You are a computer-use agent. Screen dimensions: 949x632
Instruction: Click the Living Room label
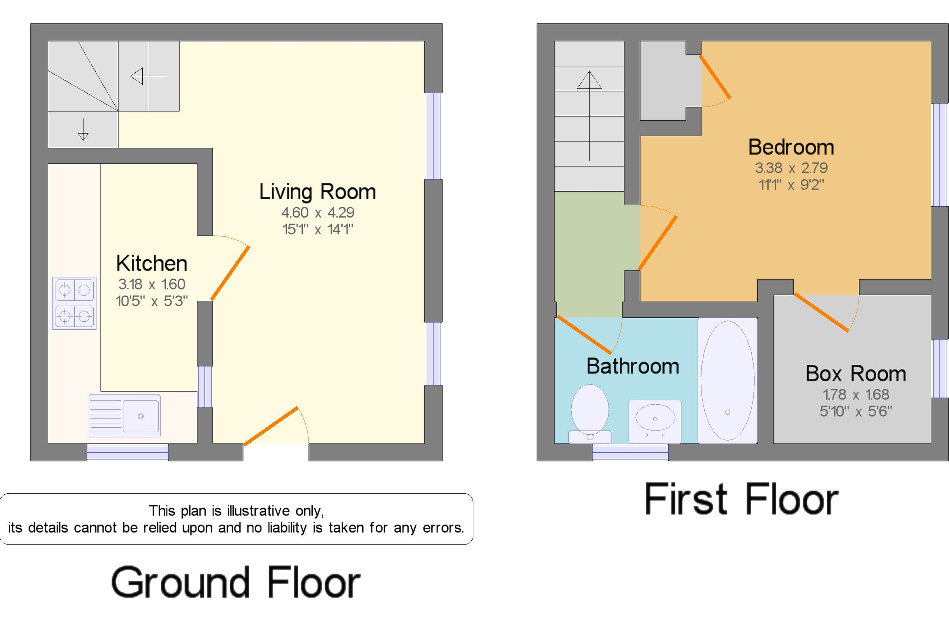pos(317,192)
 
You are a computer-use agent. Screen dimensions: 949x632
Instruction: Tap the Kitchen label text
pos(151,264)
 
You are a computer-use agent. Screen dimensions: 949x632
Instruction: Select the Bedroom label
pos(791,147)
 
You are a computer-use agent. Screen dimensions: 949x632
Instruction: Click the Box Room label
pos(855,374)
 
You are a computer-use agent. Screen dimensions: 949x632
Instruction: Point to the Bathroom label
pos(633,366)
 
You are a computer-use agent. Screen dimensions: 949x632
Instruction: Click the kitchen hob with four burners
pos(74,303)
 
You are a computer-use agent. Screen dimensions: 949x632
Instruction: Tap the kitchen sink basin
pos(141,416)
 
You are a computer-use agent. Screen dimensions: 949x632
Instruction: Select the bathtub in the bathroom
pos(728,381)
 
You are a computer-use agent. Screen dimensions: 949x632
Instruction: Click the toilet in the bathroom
pos(590,413)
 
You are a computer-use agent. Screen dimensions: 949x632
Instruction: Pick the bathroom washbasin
pos(655,421)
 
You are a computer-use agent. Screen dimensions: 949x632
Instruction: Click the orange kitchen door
pos(230,273)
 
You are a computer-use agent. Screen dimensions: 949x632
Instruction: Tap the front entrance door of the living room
pos(271,426)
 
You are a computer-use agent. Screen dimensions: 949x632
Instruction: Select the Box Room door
pos(821,312)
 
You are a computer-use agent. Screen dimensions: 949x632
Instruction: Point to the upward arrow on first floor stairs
pos(590,116)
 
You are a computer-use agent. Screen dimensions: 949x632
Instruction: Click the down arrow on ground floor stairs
pos(83,129)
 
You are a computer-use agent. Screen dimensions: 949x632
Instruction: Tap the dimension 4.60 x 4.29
pos(318,212)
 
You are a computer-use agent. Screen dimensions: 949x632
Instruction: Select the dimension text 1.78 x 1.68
pos(855,394)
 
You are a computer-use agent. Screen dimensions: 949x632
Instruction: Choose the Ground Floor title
pos(236,582)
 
